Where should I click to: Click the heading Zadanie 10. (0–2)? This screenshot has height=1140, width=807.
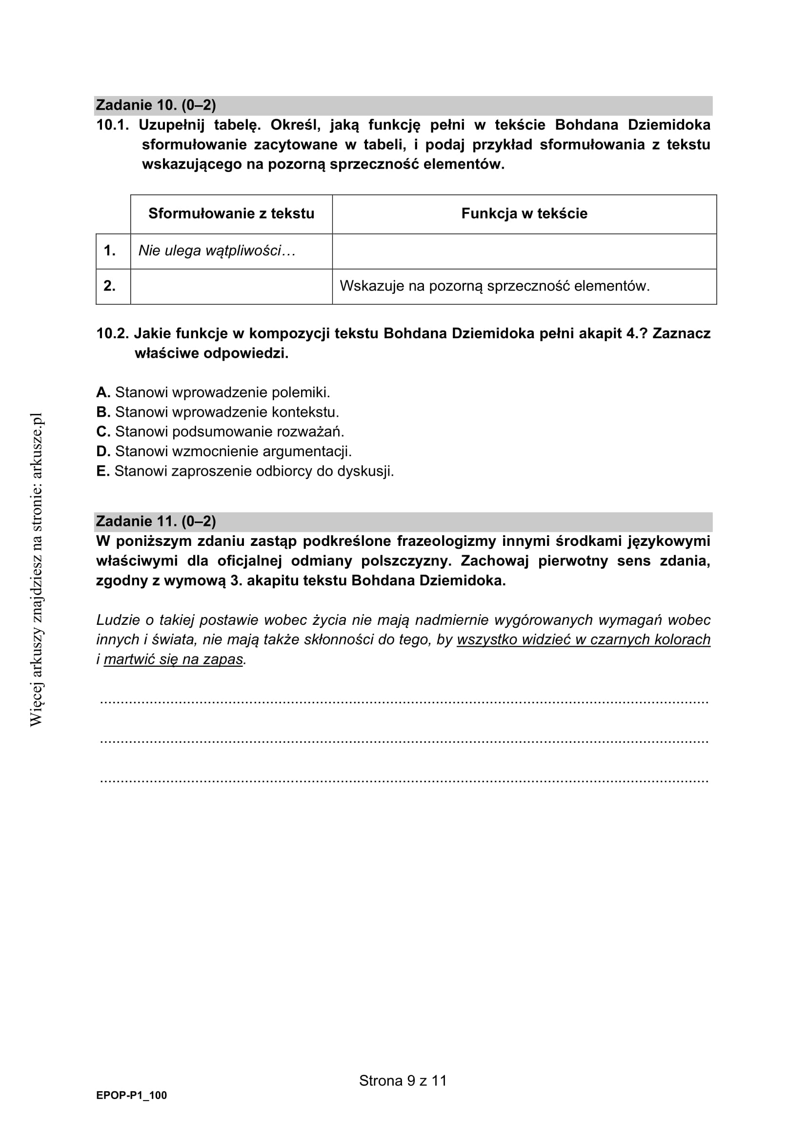point(156,105)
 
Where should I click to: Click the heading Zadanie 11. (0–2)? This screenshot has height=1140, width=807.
point(156,522)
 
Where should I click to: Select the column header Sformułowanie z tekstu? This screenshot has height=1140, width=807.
point(231,213)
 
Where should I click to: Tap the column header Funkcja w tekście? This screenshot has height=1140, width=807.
point(524,213)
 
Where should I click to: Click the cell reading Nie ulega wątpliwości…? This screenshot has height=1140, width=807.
point(217,251)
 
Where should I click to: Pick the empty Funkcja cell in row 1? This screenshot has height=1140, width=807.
point(524,251)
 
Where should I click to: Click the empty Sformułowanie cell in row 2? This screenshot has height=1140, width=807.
point(231,287)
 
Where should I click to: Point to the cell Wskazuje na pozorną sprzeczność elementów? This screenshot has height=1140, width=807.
point(494,286)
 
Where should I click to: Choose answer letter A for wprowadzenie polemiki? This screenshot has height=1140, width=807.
point(103,392)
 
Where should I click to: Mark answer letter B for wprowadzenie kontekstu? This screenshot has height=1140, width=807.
point(103,412)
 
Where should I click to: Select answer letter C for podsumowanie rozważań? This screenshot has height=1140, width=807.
point(103,431)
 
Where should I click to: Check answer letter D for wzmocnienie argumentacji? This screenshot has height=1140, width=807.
point(103,451)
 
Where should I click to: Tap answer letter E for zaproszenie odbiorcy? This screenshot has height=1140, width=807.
point(102,471)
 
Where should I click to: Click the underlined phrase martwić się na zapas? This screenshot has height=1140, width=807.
point(173,659)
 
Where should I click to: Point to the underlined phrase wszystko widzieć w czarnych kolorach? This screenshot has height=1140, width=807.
point(584,639)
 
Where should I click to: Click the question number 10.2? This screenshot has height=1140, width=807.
point(112,333)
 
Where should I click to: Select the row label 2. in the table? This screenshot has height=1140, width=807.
point(110,286)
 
